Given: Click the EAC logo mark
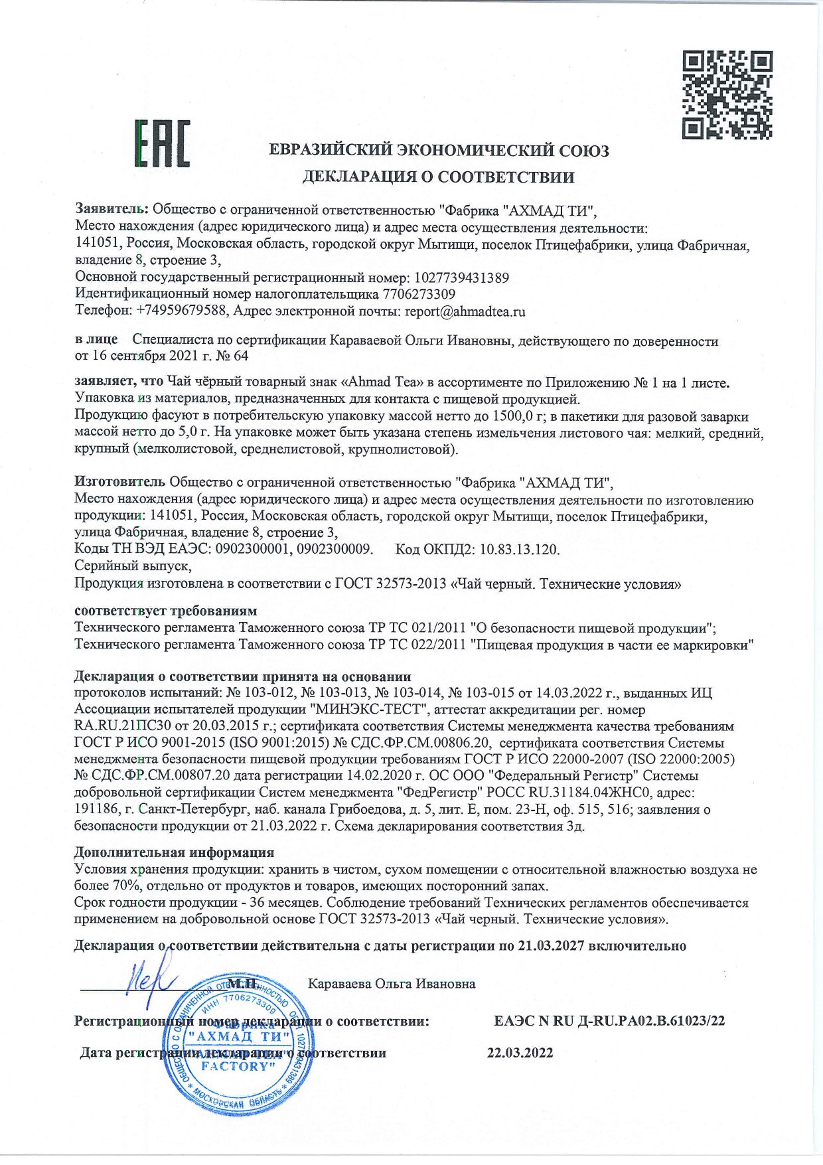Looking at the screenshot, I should [x=163, y=143].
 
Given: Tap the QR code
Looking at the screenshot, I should [x=727, y=96].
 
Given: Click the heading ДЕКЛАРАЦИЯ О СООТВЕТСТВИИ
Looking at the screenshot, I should [x=439, y=177].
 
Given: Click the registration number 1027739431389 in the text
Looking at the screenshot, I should [x=462, y=277].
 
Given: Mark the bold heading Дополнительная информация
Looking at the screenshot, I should [x=174, y=852].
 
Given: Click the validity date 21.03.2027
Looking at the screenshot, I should [x=550, y=945].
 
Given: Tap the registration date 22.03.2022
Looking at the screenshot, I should [x=520, y=1053].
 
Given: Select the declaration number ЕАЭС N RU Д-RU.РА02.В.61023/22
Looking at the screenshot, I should [x=609, y=1020].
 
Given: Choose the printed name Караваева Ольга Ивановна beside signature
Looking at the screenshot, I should [x=392, y=983].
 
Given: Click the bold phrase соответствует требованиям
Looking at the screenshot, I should [x=165, y=610].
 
